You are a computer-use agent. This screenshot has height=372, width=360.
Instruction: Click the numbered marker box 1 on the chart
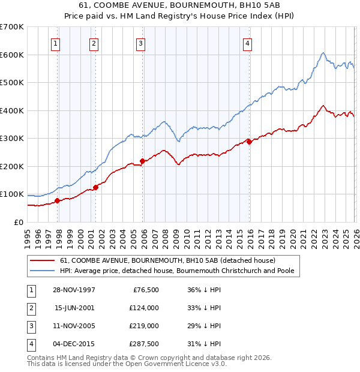[x=55, y=43]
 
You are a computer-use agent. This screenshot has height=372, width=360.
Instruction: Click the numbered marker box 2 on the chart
[x=94, y=43]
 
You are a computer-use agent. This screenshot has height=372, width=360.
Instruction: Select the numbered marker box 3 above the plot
[x=140, y=43]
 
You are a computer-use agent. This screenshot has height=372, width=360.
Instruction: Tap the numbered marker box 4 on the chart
[x=247, y=43]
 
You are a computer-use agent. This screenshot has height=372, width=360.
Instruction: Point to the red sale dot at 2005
[x=143, y=161]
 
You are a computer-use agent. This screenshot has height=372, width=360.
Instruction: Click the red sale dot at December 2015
[x=250, y=142]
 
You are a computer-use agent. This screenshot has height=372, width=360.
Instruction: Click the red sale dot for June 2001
[x=95, y=187]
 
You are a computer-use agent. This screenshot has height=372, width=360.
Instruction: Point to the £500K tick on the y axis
[x=12, y=82]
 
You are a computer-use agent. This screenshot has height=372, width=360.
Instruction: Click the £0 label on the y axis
[x=19, y=222]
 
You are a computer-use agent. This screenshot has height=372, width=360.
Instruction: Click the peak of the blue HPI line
[x=323, y=53]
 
